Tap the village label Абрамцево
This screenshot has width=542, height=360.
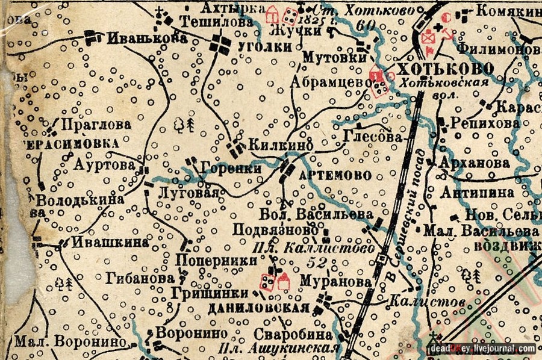pos(329,82)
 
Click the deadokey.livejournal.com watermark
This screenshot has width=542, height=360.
pos(483,349)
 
